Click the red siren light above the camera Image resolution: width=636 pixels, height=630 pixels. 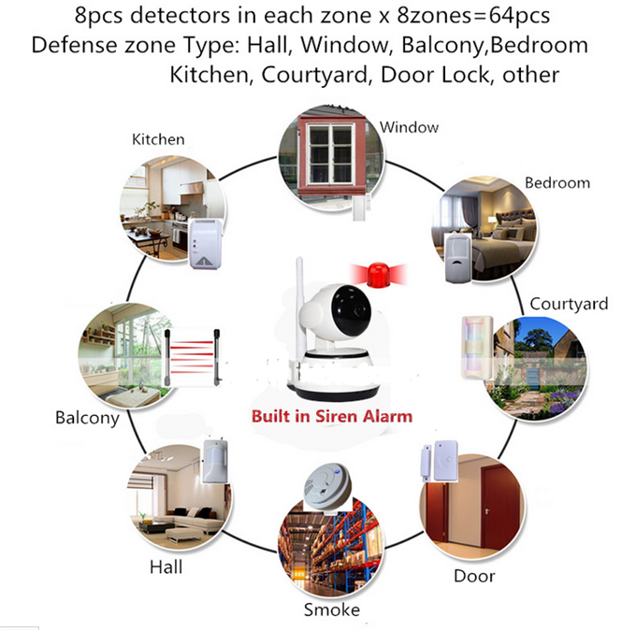tap(378, 274)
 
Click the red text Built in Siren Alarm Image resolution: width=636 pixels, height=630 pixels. tap(332, 417)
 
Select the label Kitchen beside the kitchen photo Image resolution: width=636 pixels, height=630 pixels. tap(158, 139)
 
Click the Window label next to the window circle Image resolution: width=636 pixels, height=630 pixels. tap(409, 127)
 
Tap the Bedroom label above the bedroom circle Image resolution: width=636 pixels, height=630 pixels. tap(557, 183)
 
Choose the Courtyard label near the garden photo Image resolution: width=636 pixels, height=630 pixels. tap(569, 304)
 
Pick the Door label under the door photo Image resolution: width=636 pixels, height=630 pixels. tap(474, 576)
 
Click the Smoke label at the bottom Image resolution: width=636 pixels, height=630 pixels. tap(332, 609)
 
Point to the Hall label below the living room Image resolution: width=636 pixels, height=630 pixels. tap(166, 566)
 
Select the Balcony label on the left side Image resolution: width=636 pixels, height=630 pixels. tap(87, 418)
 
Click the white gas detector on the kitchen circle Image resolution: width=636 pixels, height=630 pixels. tap(205, 244)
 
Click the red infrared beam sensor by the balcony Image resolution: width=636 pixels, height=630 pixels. tap(192, 358)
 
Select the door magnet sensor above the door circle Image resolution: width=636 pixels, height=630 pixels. tap(441, 461)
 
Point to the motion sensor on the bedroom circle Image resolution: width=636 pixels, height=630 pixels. tap(457, 257)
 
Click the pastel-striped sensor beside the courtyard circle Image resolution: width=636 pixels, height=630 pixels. tap(477, 348)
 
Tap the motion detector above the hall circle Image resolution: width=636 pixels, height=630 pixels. tap(216, 461)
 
